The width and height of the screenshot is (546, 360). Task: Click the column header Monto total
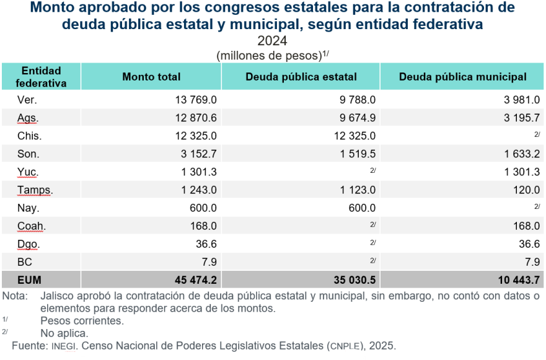(x=151, y=77)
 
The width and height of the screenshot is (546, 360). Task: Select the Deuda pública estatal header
(x=301, y=77)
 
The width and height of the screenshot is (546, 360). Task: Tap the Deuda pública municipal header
(x=463, y=77)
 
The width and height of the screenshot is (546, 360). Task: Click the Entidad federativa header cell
(x=41, y=77)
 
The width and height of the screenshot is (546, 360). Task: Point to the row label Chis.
(x=30, y=136)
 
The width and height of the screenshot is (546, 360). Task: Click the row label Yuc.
(x=28, y=172)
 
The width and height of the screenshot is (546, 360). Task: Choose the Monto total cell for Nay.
(x=202, y=208)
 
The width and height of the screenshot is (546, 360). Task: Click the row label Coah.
(x=32, y=226)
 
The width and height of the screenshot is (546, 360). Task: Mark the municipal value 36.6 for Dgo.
(x=528, y=244)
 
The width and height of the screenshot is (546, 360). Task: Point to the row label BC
(x=25, y=262)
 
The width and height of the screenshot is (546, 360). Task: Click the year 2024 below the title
(x=272, y=42)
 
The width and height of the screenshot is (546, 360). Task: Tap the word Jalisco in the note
(x=58, y=296)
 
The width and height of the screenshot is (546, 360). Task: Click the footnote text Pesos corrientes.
(x=82, y=321)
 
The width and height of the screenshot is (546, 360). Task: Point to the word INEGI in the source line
(x=65, y=345)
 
